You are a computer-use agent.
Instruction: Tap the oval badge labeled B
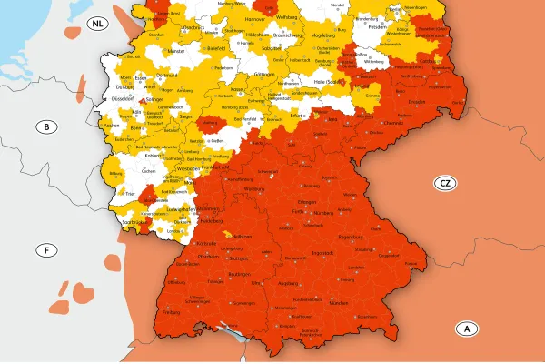tap(45, 126)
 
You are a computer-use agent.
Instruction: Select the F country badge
tap(45, 249)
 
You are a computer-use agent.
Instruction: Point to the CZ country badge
tap(444, 183)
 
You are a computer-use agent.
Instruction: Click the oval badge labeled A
tap(466, 328)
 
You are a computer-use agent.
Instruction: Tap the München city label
tap(340, 302)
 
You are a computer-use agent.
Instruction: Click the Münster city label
tap(176, 53)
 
